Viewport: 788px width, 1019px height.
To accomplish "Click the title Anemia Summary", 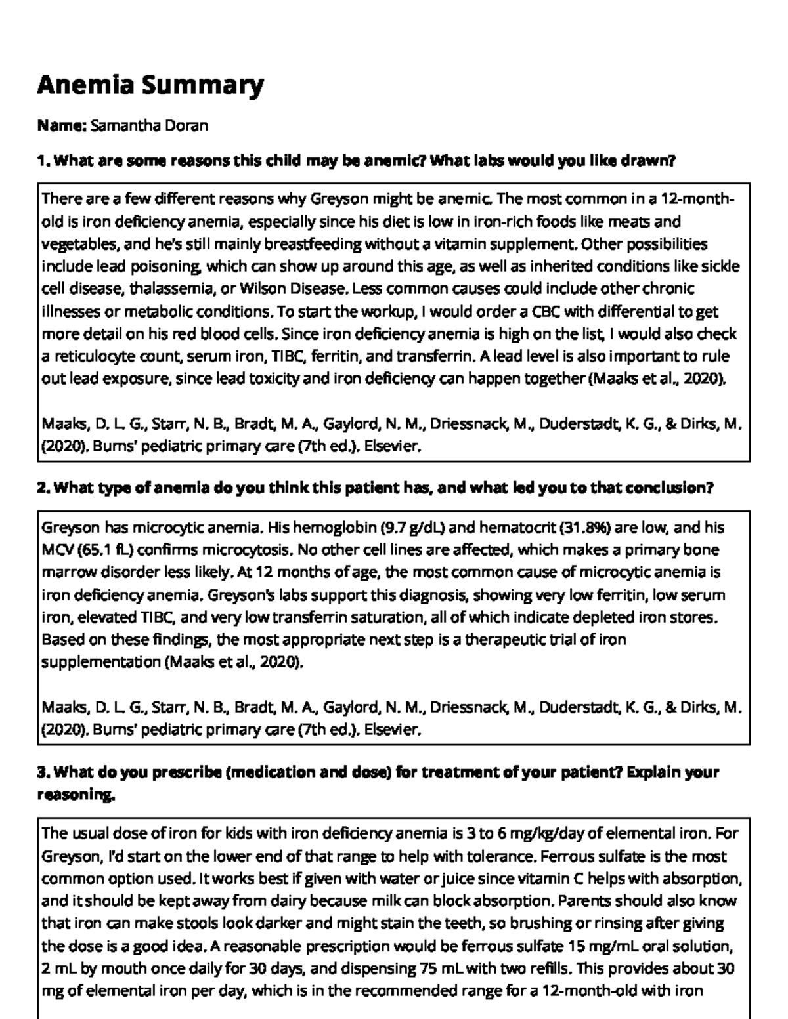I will (150, 85).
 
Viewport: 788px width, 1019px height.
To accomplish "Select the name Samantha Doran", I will (149, 125).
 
